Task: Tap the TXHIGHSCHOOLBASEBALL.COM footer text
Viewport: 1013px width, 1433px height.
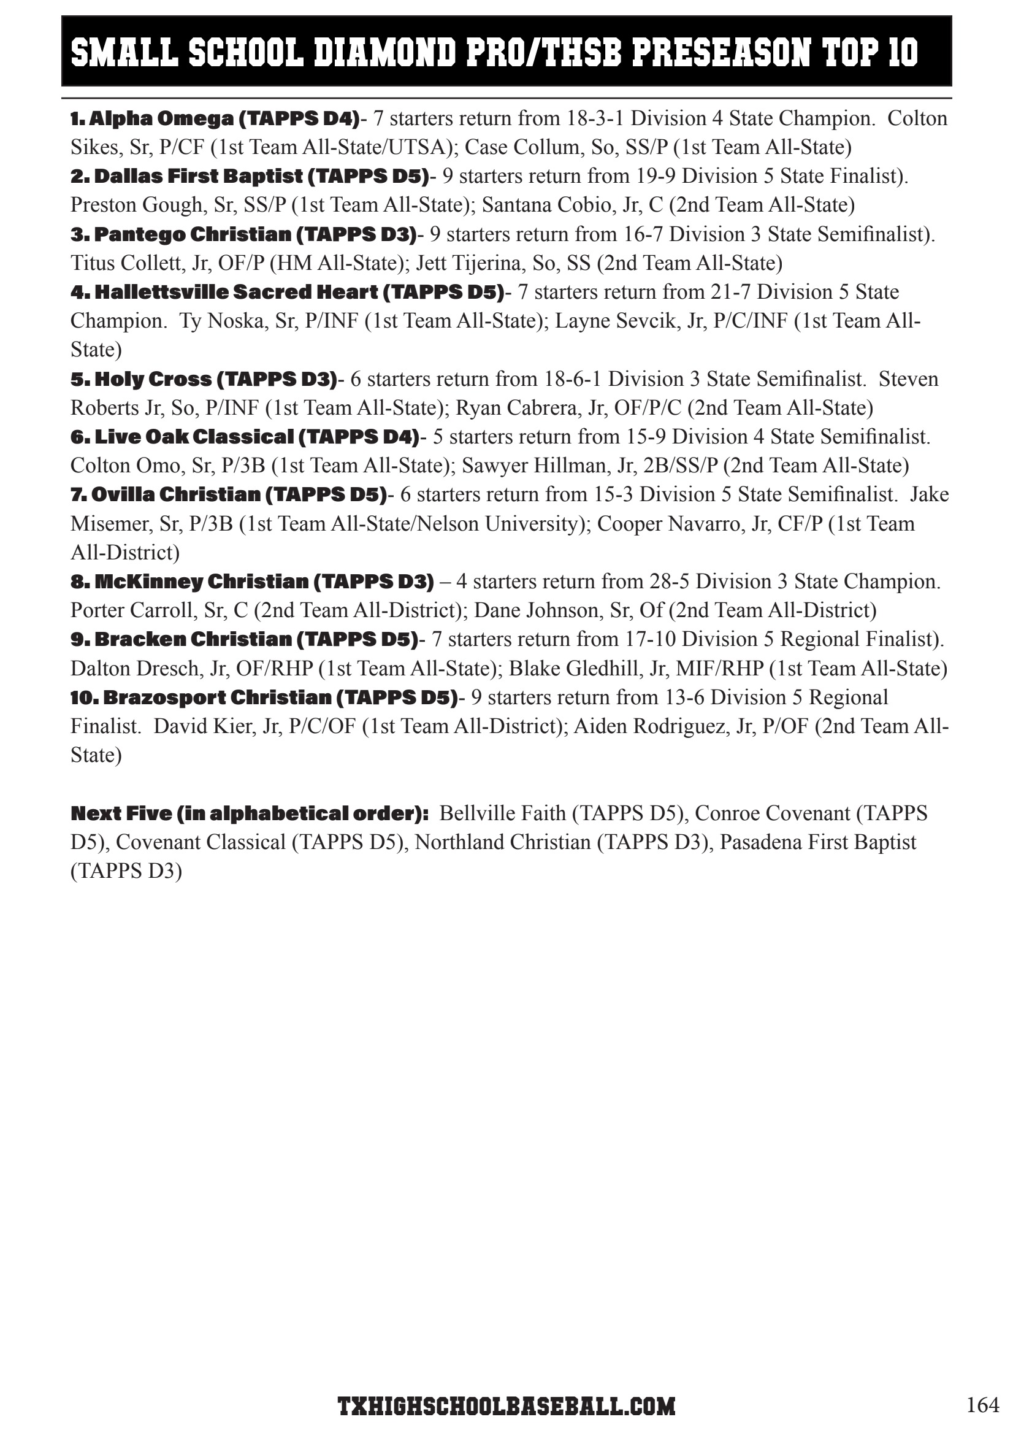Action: point(506,1406)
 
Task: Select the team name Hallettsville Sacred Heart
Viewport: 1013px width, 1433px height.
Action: point(237,291)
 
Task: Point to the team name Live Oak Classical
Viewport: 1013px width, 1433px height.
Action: point(193,436)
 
